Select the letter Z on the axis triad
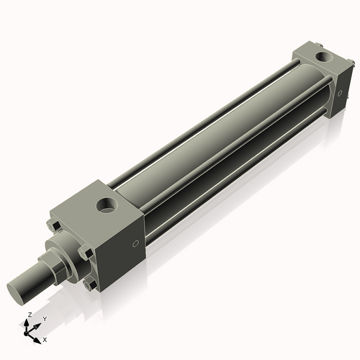(29, 315)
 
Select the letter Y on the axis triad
(45, 318)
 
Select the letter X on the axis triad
(45, 338)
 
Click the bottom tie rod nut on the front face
(89, 284)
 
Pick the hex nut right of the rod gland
(86, 253)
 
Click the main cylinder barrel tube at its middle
(216, 144)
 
